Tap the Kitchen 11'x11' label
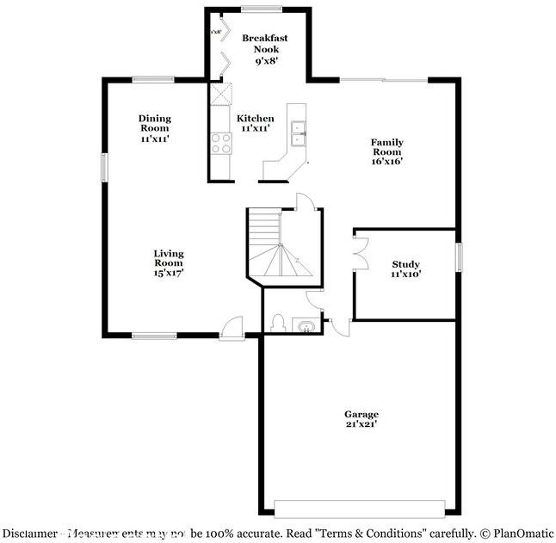click(255, 123)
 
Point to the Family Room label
click(387, 151)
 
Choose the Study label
click(406, 268)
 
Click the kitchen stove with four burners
click(221, 143)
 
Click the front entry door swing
click(231, 327)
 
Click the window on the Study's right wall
click(459, 257)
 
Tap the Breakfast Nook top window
click(261, 9)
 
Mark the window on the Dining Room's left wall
click(104, 167)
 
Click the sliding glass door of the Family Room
click(383, 80)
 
